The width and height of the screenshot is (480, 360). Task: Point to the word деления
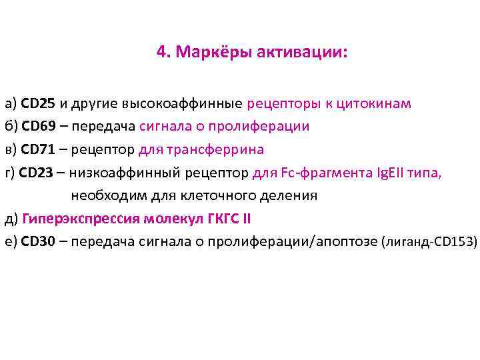coord(289,195)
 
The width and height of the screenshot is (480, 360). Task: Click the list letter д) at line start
coord(10,218)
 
